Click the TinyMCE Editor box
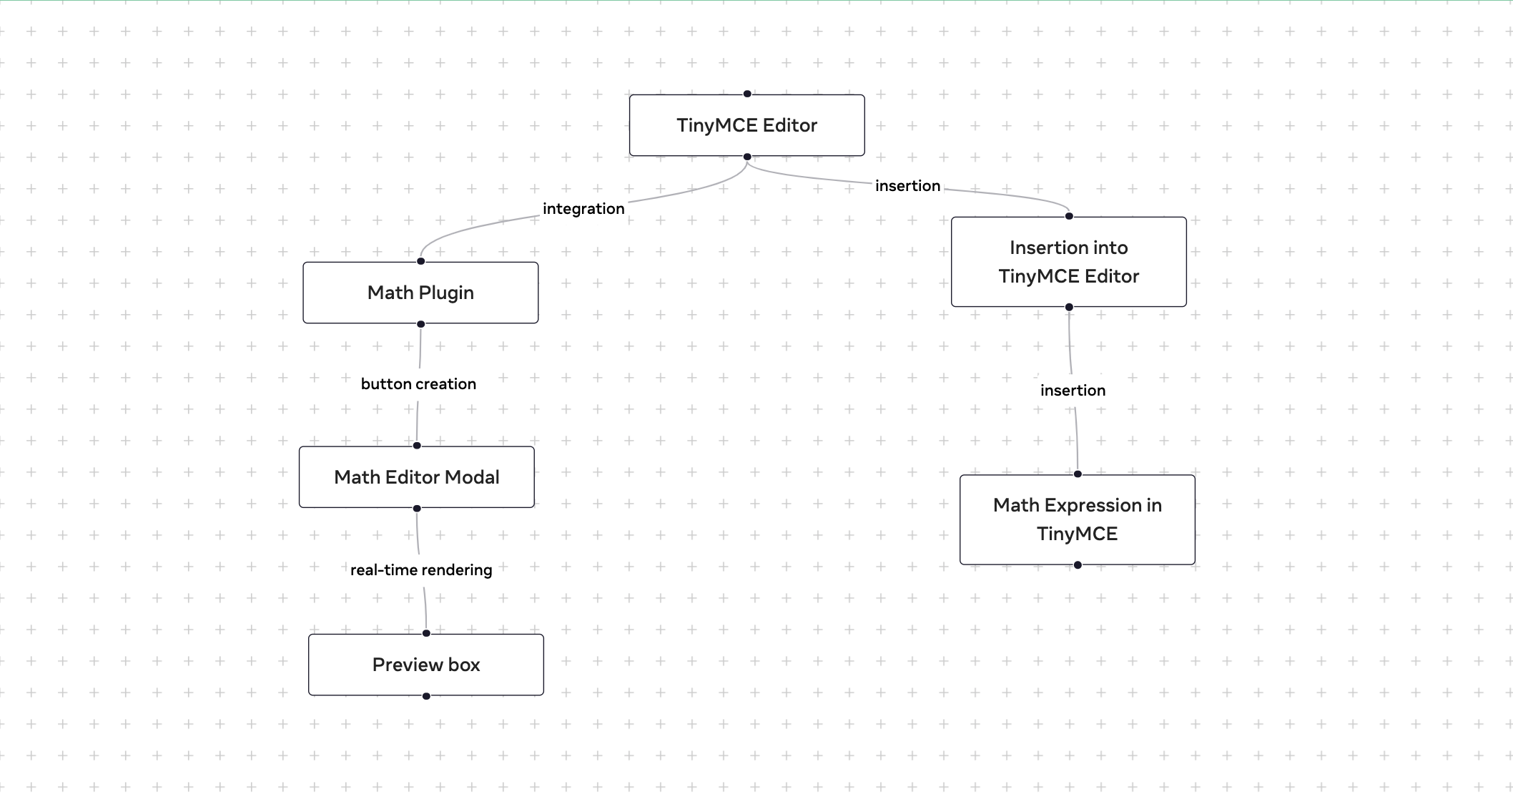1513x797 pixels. pos(746,125)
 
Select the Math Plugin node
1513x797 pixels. pos(420,293)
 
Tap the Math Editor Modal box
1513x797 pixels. pos(416,477)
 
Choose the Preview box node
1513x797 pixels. pos(425,665)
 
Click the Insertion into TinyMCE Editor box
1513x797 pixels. pos(1068,262)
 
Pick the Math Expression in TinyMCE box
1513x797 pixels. pos(1077,519)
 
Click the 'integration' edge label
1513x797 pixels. pos(583,209)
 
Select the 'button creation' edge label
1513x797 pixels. pos(418,384)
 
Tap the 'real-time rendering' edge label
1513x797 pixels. pos(421,570)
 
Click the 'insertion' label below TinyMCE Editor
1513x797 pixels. pos(907,186)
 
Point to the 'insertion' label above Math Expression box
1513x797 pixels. pos(1073,391)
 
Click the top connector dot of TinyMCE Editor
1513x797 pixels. pos(747,94)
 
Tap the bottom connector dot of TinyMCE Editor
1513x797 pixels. pos(747,157)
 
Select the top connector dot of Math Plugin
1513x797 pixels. pos(421,261)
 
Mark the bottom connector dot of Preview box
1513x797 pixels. pos(426,696)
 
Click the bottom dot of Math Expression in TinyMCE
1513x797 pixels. pos(1078,565)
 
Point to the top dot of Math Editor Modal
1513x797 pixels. pos(417,446)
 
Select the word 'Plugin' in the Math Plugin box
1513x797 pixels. pos(446,293)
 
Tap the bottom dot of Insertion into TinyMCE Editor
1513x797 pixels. pos(1069,307)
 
